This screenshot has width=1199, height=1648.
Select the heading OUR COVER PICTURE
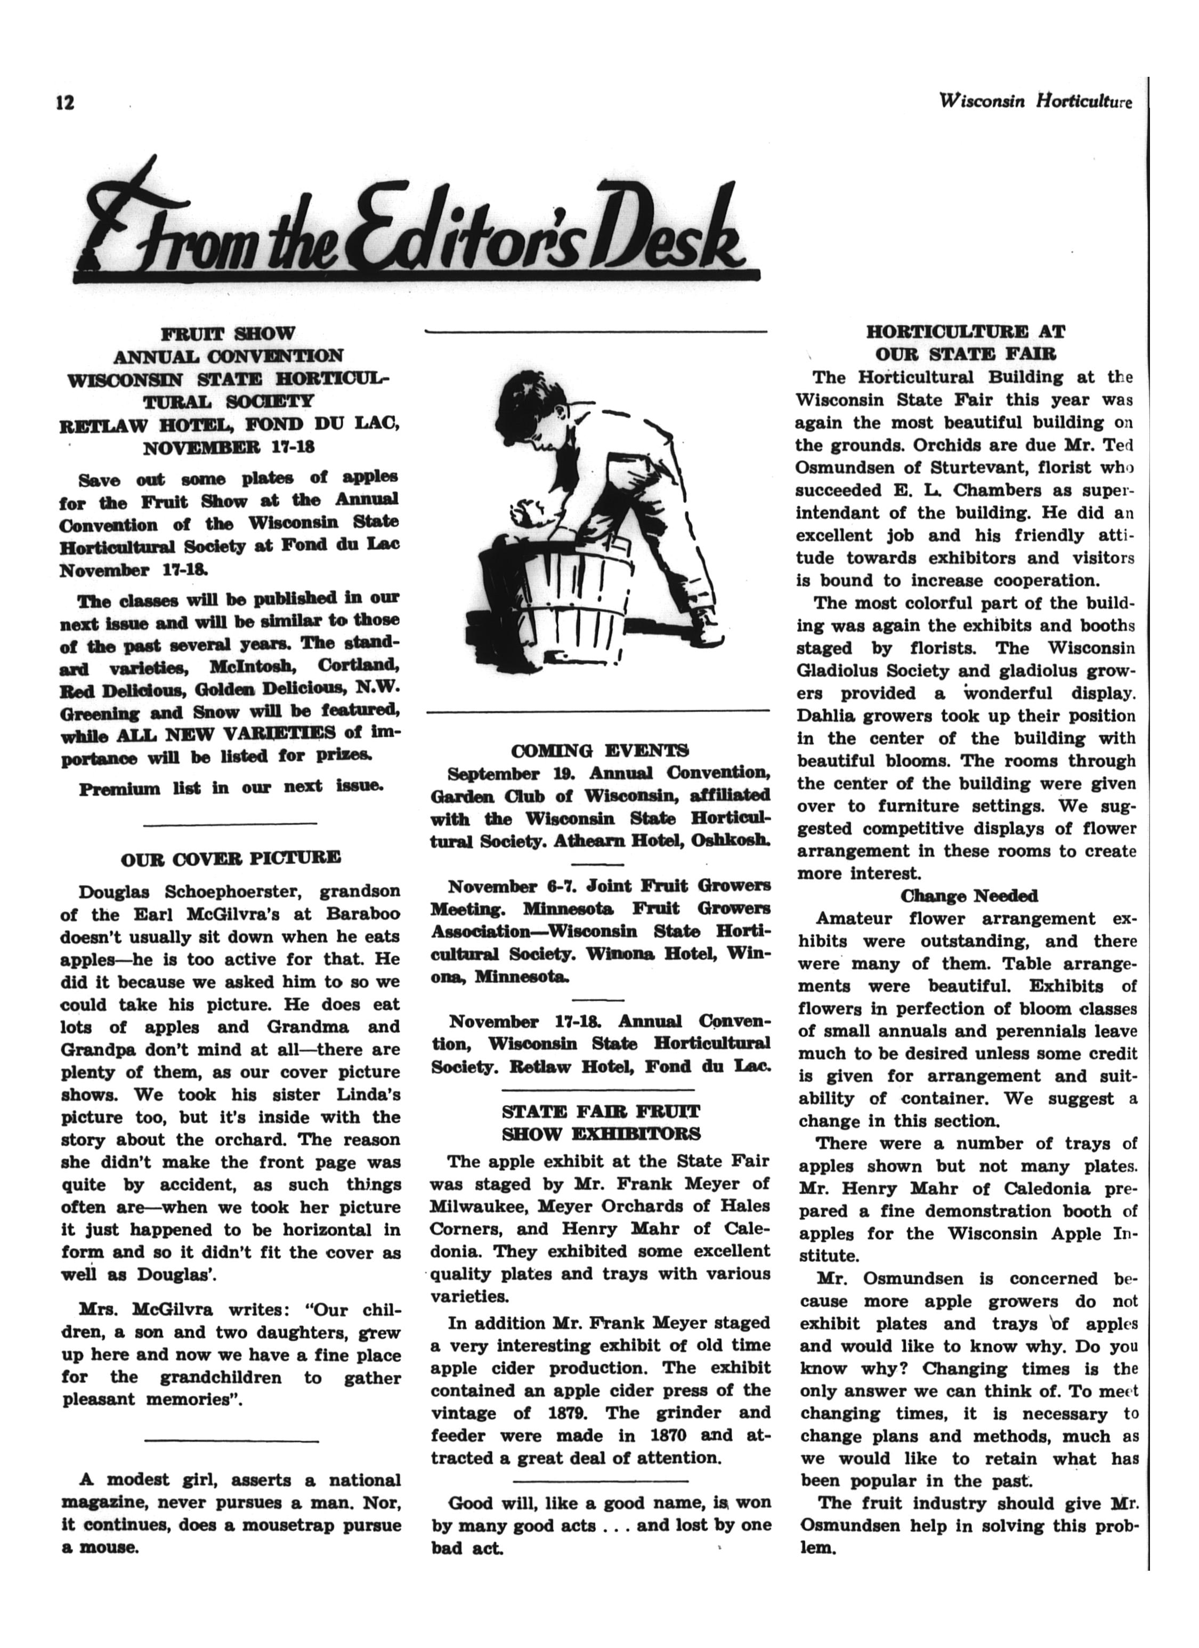[x=231, y=858]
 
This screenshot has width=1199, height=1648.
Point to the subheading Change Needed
[x=969, y=896]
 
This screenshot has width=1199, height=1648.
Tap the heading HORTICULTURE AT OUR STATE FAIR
[x=966, y=343]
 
